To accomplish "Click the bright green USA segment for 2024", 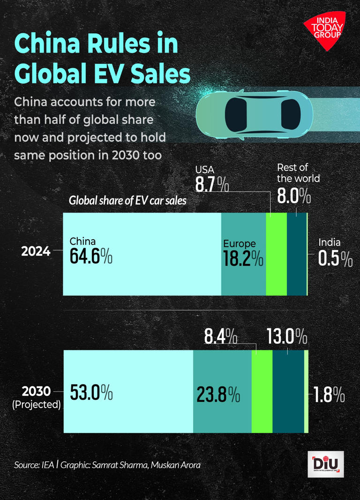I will coord(276,254).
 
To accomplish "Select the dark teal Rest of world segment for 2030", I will coord(288,391).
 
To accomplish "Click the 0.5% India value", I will coord(335,258).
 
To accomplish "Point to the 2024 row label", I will coord(36,251).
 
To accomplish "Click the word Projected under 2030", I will coord(37,404).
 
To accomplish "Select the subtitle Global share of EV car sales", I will coord(127,201).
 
